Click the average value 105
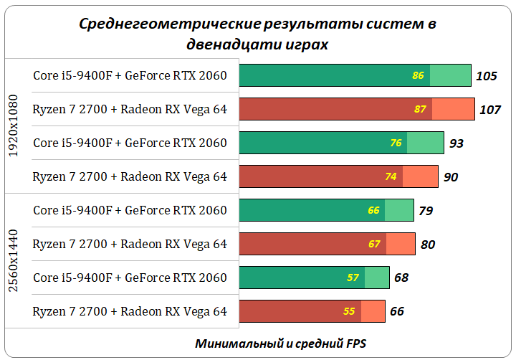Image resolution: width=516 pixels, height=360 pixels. coord(487,76)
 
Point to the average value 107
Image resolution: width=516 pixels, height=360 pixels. coord(490,110)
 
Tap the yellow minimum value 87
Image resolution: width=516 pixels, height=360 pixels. coord(421,110)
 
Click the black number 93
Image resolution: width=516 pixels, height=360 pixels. coord(457,143)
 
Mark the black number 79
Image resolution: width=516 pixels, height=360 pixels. coord(426,211)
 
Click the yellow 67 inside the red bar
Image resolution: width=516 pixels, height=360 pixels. coord(374,245)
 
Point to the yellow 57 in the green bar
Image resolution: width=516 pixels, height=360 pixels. coord(353,278)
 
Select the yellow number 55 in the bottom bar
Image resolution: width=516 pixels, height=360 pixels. coord(349,311)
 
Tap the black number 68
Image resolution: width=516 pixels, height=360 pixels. coord(401,278)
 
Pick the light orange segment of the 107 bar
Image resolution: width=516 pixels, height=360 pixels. coord(454,110)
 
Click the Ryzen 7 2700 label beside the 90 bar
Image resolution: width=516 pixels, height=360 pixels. coord(130,177)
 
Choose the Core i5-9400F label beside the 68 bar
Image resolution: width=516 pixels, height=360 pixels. coord(130,278)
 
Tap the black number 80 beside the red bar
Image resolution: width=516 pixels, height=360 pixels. coord(428,245)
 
